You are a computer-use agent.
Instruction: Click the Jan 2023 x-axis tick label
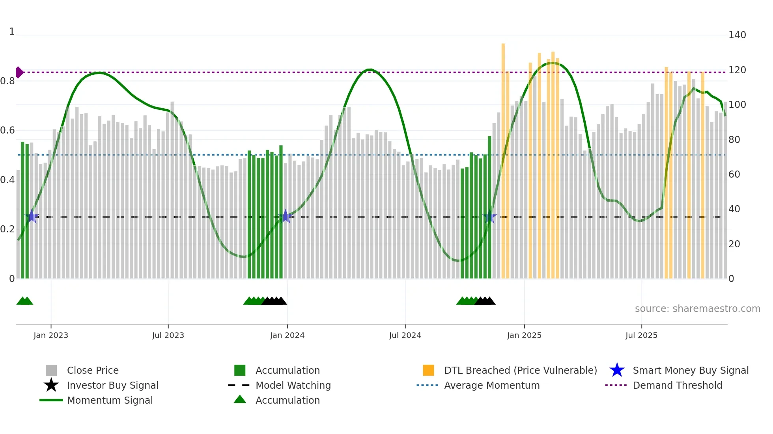pyautogui.click(x=51, y=335)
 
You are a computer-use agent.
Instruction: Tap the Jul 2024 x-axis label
pyautogui.click(x=405, y=335)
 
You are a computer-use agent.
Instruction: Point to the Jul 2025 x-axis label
pyautogui.click(x=641, y=335)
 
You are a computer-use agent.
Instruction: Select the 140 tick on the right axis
pyautogui.click(x=737, y=35)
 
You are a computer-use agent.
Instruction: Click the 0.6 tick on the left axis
pyautogui.click(x=7, y=130)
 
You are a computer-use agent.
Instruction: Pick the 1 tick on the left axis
pyautogui.click(x=12, y=32)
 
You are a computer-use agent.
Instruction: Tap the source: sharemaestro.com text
pyautogui.click(x=697, y=309)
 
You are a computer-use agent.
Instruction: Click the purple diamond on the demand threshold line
pyautogui.click(x=19, y=72)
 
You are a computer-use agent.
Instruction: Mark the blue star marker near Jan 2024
pyautogui.click(x=286, y=217)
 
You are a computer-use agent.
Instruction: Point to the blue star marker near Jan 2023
pyautogui.click(x=32, y=217)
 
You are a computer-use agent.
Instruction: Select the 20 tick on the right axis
pyautogui.click(x=734, y=244)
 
